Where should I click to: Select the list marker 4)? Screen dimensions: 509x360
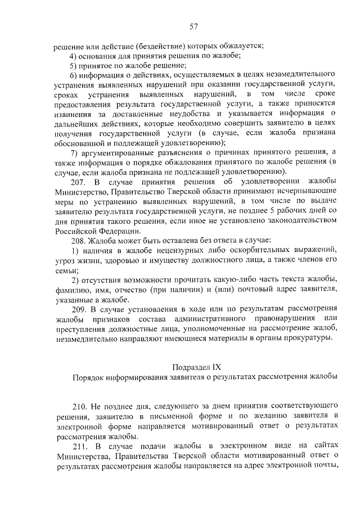[x=73, y=55]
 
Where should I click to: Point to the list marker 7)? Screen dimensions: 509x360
[x=73, y=152]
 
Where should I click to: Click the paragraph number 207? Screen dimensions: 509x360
[x=78, y=182]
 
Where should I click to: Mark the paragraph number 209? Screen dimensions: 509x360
[x=78, y=309]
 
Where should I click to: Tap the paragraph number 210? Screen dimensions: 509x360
[x=78, y=407]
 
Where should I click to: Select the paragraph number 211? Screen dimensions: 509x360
[x=78, y=446]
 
